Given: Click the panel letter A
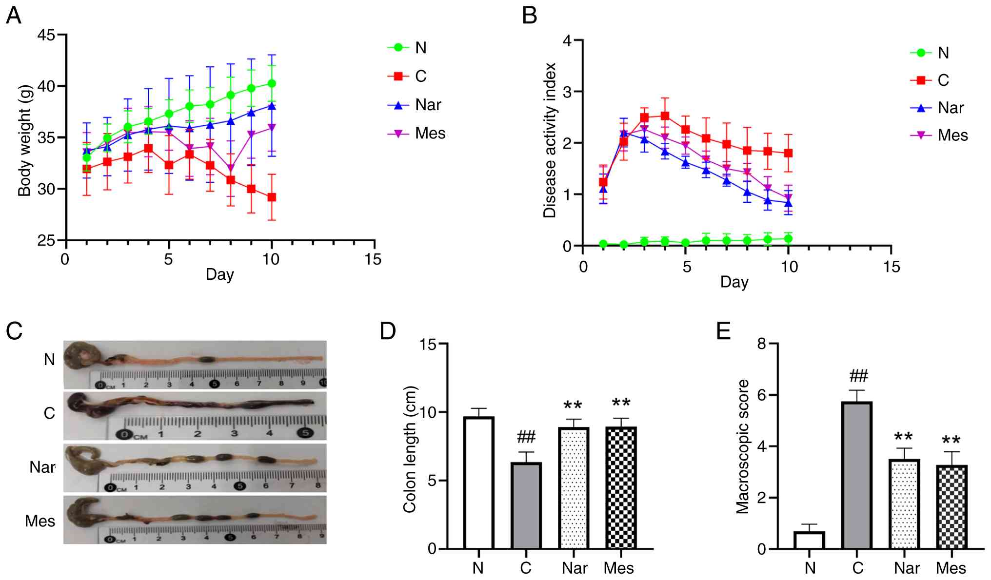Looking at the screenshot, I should [x=14, y=16].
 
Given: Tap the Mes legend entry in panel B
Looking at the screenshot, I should [x=939, y=135].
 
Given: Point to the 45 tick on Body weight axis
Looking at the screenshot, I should [x=47, y=35].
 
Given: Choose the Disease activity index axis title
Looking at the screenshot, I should [x=550, y=140].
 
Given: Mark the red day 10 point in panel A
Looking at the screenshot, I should [x=272, y=197].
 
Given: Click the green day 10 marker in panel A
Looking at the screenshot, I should [x=272, y=84].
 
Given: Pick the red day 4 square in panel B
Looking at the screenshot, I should [x=665, y=116].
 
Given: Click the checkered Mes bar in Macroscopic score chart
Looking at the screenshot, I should [x=951, y=507].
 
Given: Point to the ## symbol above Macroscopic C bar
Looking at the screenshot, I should [x=858, y=376].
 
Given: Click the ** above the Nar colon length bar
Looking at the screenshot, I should [x=573, y=406].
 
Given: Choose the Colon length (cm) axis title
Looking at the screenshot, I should [x=410, y=449].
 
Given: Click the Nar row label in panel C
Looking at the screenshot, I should [x=42, y=467].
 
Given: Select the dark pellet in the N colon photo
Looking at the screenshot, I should [x=208, y=360].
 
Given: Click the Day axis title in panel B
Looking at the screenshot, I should [x=734, y=282].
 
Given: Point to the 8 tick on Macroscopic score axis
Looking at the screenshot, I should [x=761, y=344].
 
